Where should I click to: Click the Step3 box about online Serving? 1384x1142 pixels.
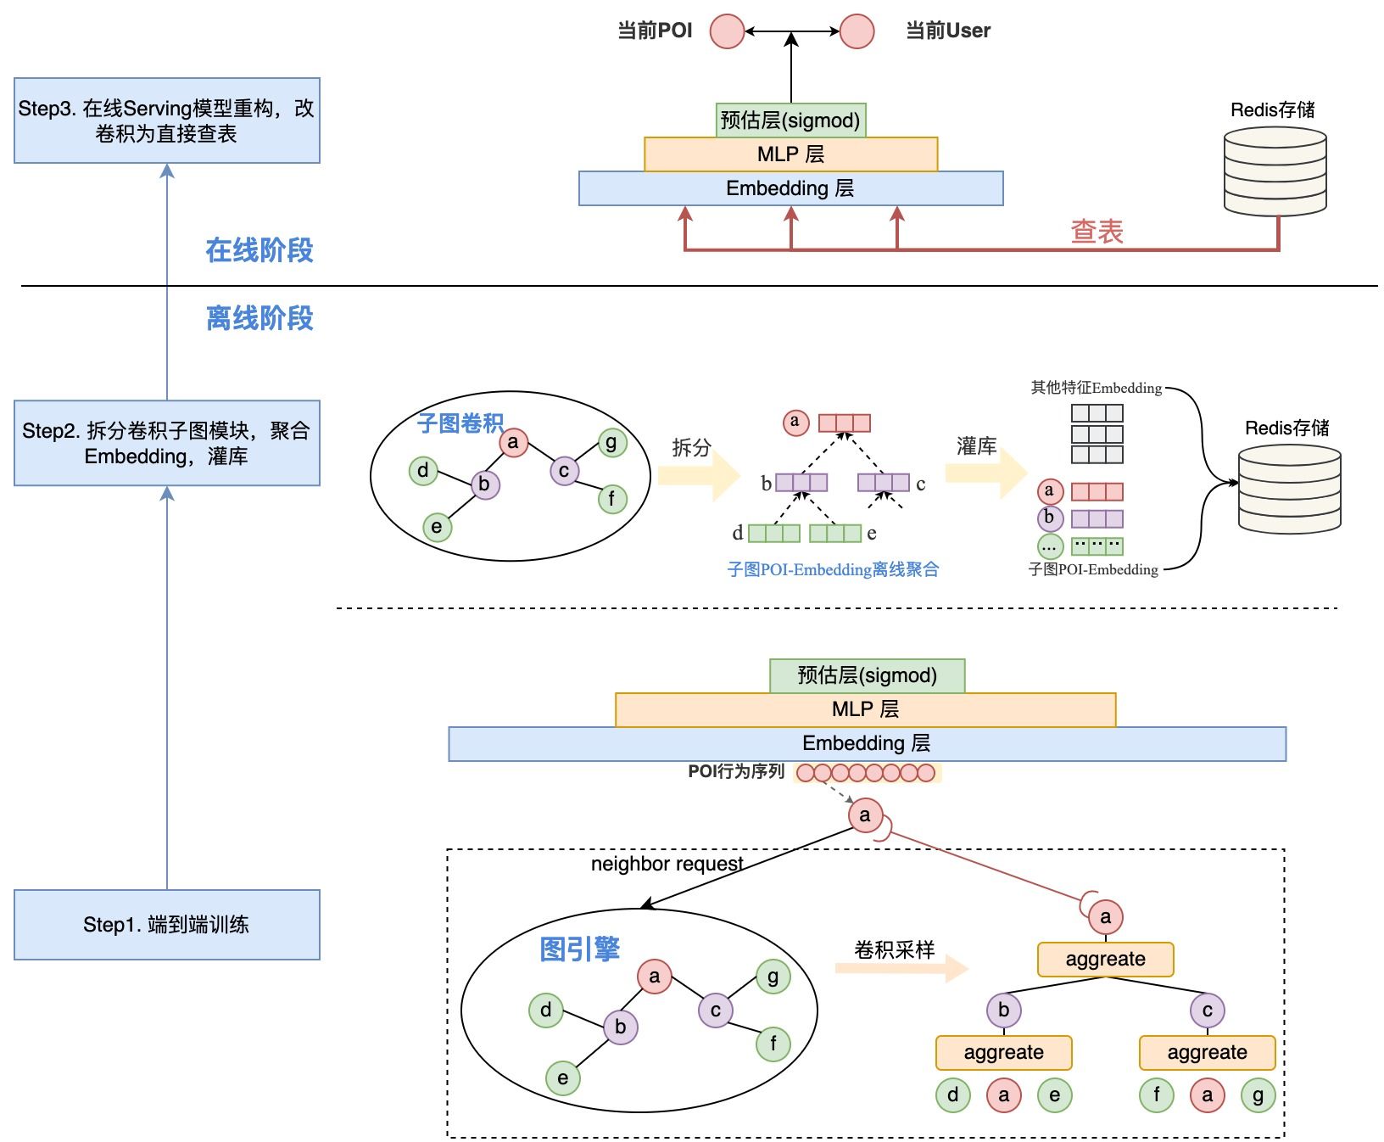pyautogui.click(x=166, y=120)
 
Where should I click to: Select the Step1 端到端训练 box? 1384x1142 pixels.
pyautogui.click(x=166, y=924)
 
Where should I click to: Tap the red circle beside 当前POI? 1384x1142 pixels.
pyautogui.click(x=727, y=31)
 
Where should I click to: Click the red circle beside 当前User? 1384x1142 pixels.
pyautogui.click(x=857, y=31)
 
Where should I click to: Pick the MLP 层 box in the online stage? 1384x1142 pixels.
pyautogui.click(x=790, y=154)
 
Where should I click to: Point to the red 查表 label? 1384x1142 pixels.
pyautogui.click(x=1097, y=232)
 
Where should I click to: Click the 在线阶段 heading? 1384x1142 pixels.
pyautogui.click(x=259, y=250)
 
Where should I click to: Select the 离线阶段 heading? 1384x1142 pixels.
pyautogui.click(x=259, y=318)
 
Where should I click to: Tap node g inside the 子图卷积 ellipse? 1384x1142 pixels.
pyautogui.click(x=611, y=442)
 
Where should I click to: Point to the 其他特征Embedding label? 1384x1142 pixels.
pyautogui.click(x=1096, y=388)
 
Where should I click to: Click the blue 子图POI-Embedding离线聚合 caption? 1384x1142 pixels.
pyautogui.click(x=833, y=569)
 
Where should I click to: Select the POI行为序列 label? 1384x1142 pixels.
pyautogui.click(x=736, y=772)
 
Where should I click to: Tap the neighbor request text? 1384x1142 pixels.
pyautogui.click(x=667, y=864)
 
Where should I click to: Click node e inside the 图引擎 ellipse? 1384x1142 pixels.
pyautogui.click(x=562, y=1078)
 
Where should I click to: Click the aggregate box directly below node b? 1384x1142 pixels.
pyautogui.click(x=1003, y=1052)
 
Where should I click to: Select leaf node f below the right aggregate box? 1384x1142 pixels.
pyautogui.click(x=1156, y=1094)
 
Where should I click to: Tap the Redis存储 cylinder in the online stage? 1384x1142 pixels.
pyautogui.click(x=1275, y=171)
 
